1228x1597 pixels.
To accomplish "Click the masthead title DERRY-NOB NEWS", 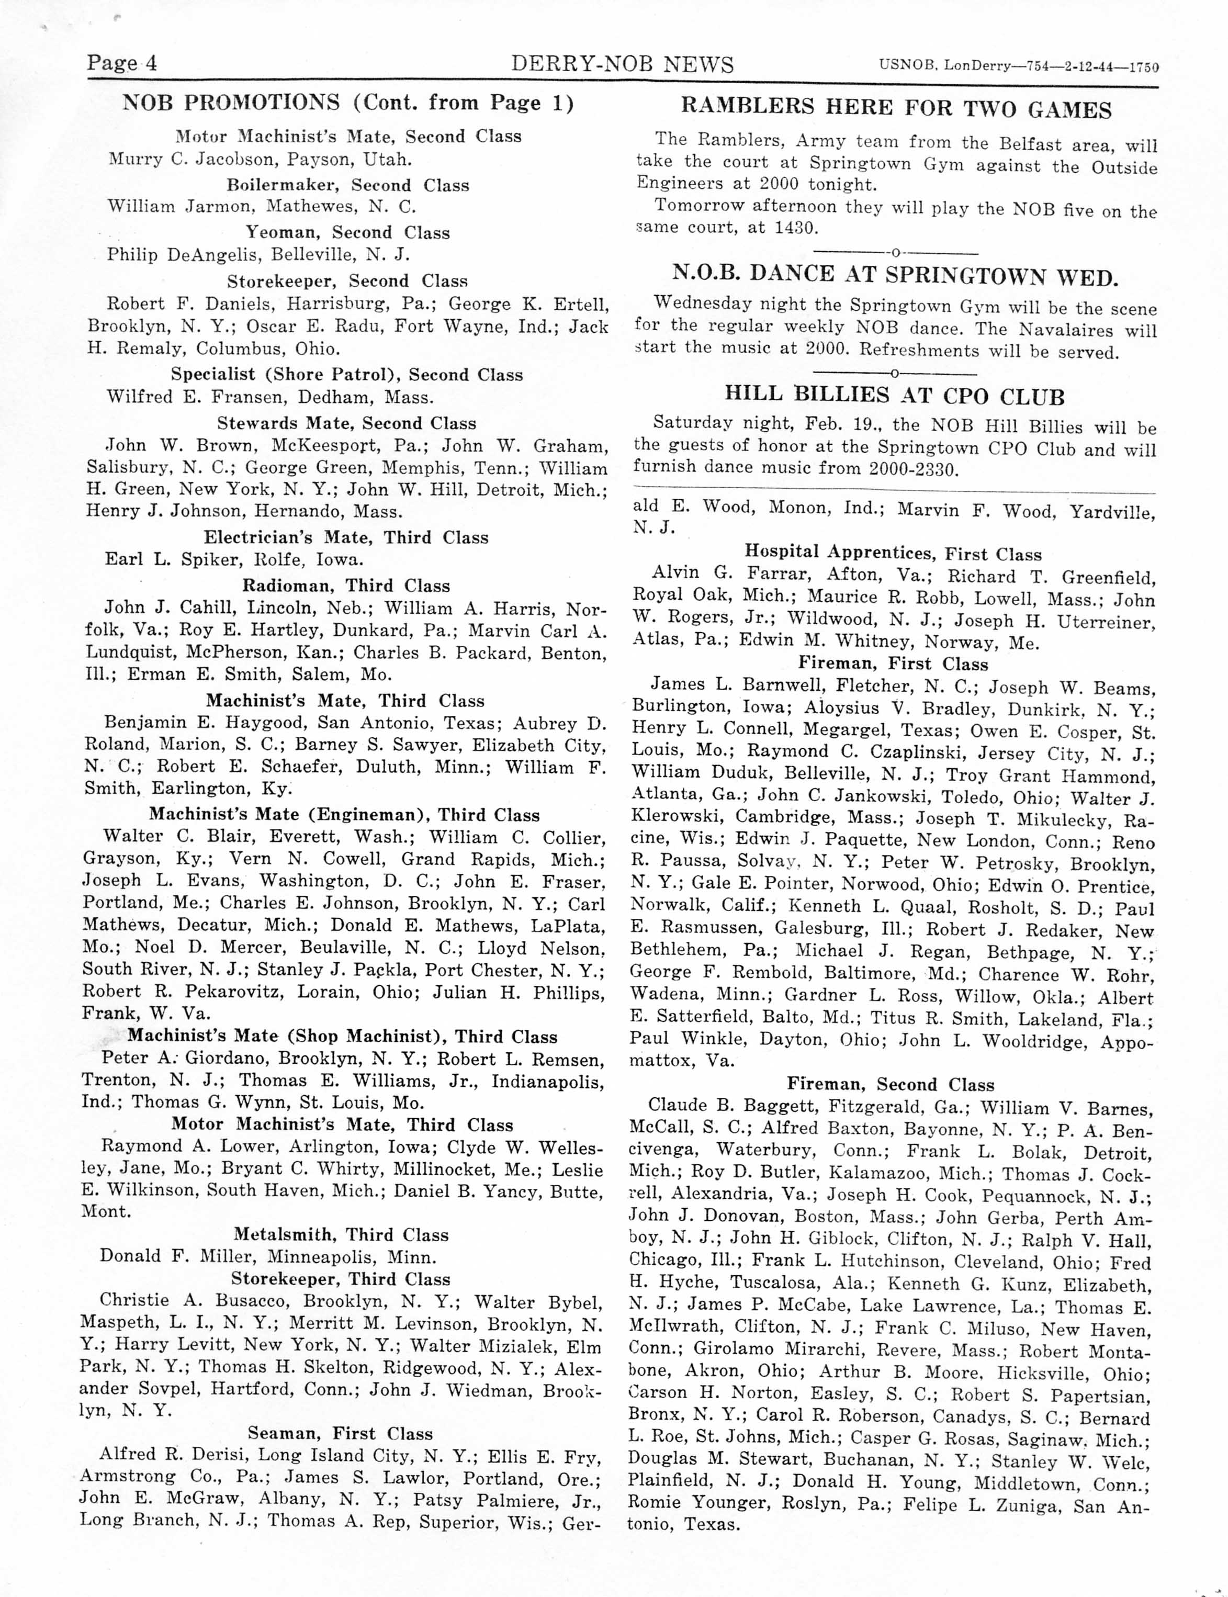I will (622, 64).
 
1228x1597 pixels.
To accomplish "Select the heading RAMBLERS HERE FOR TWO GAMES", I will (896, 108).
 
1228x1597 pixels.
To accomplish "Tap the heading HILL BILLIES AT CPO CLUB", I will (895, 396).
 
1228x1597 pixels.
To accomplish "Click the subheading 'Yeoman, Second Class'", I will (347, 232).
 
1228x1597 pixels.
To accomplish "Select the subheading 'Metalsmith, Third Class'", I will (341, 1234).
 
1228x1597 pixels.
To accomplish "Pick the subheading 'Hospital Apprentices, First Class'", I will (893, 553).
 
